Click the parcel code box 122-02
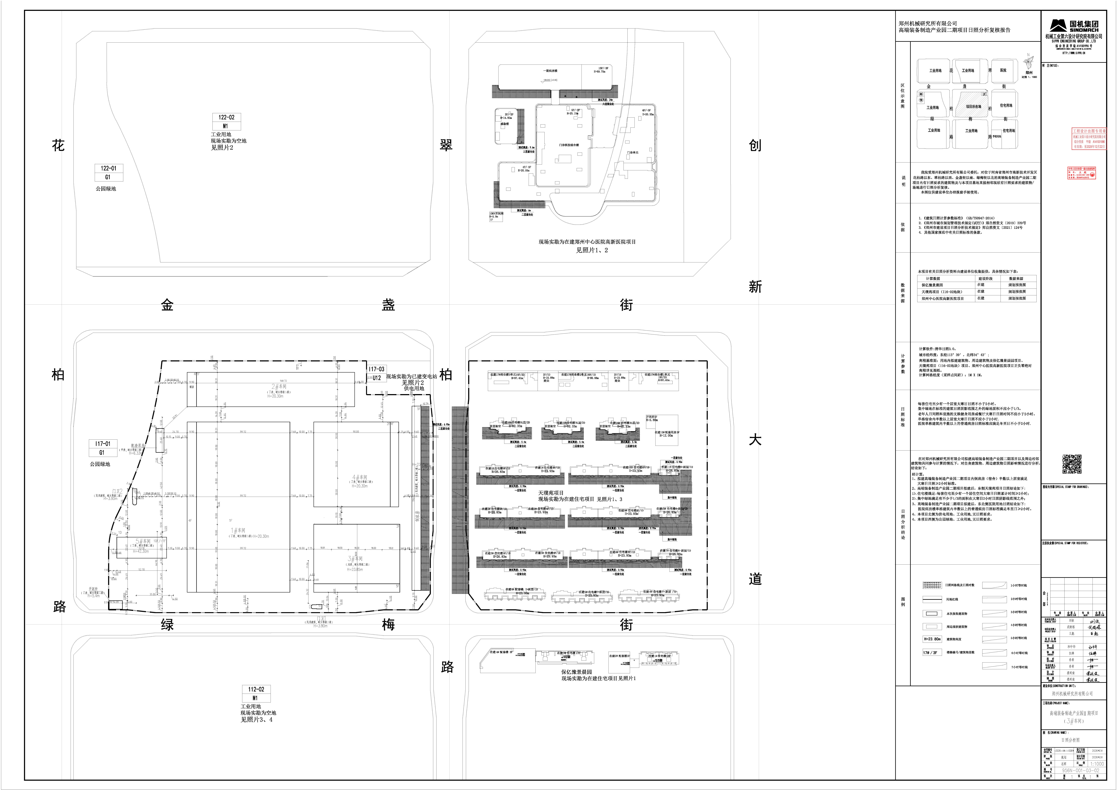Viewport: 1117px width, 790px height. click(226, 117)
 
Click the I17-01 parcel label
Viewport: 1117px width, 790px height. click(102, 444)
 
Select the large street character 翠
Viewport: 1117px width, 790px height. click(446, 145)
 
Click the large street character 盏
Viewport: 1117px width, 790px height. click(388, 305)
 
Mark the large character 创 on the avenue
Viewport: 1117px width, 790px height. click(755, 145)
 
